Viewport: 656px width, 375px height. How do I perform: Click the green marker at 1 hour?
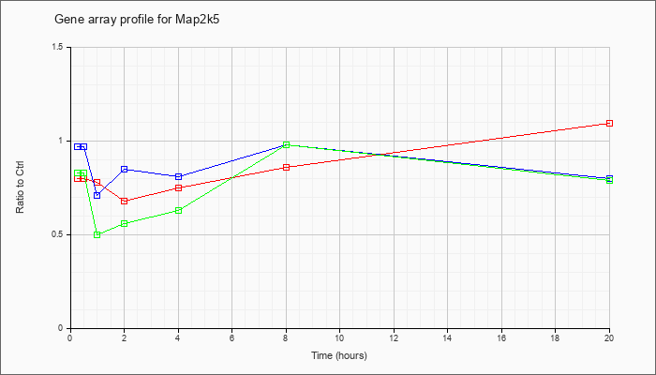(97, 234)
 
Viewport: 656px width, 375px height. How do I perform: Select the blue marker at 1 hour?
(97, 195)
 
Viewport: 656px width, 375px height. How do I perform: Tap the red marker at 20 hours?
(609, 123)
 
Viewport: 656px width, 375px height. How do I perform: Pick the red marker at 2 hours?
(125, 201)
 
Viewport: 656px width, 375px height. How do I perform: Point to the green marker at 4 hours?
(179, 211)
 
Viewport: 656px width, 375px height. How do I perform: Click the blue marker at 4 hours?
(179, 176)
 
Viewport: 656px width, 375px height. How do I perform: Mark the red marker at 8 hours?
(286, 168)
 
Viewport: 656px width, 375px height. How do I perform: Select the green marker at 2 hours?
(125, 223)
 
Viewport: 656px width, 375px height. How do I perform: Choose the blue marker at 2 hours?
(125, 169)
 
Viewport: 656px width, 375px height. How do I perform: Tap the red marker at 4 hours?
(179, 187)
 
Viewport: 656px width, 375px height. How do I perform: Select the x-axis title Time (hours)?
(339, 355)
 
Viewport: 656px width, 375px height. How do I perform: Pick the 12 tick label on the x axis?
(394, 337)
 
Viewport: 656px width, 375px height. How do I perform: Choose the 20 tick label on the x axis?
(609, 337)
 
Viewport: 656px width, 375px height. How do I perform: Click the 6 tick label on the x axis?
(232, 337)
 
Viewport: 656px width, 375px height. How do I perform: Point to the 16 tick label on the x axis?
(501, 337)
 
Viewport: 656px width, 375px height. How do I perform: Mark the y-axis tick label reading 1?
(63, 141)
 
